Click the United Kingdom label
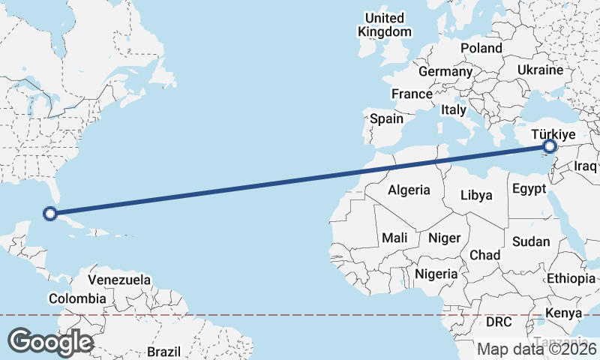(x=385, y=25)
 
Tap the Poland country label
(x=481, y=48)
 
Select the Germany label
(x=445, y=71)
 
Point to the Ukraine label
(x=539, y=70)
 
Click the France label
(x=412, y=94)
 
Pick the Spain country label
(x=386, y=118)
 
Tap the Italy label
(x=453, y=109)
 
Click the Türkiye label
(x=553, y=134)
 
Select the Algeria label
(x=409, y=190)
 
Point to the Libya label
(x=476, y=195)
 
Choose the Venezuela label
(x=119, y=280)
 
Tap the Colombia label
(x=77, y=298)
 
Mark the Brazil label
(x=164, y=351)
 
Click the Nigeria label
(x=436, y=274)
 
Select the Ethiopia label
(x=571, y=278)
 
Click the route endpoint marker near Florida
(x=50, y=214)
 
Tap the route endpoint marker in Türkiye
(x=550, y=146)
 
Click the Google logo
(x=50, y=342)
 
